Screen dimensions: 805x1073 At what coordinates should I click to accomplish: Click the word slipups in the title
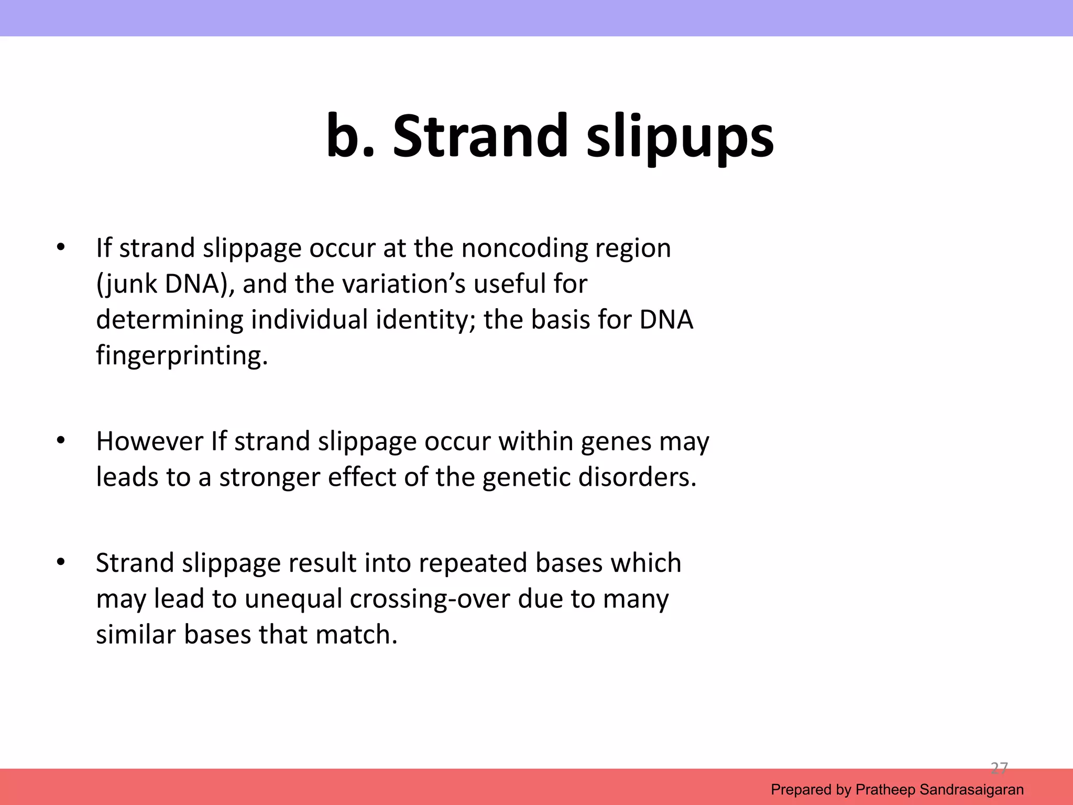[x=680, y=137]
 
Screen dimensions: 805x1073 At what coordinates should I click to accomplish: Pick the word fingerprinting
[x=182, y=356]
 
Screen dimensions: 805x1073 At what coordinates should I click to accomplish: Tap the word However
[x=149, y=441]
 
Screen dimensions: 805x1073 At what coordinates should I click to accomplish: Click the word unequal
[x=293, y=599]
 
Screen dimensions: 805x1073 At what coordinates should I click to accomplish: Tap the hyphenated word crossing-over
[x=430, y=599]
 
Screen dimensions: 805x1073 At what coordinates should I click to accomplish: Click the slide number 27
[x=999, y=768]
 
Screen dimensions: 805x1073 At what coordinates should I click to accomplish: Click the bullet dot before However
[x=61, y=441]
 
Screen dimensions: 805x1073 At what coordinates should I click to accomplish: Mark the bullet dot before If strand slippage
[x=61, y=247]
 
